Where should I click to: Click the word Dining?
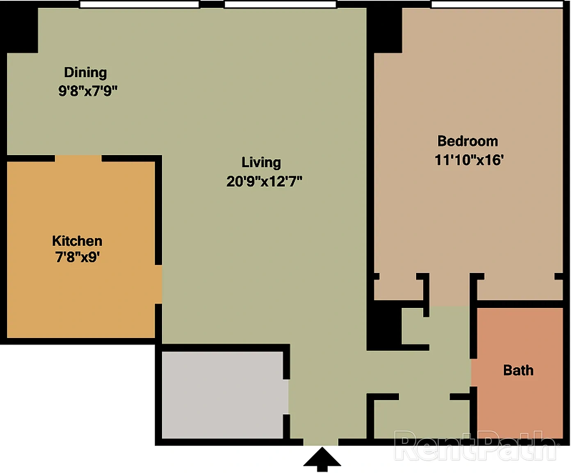(x=85, y=73)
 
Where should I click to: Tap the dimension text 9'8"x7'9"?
(x=88, y=91)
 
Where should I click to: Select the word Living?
(x=261, y=163)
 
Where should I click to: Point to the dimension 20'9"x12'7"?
(x=264, y=181)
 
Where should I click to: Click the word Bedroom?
(x=468, y=141)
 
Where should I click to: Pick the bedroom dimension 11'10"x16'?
(x=469, y=160)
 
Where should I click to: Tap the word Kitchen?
(x=78, y=241)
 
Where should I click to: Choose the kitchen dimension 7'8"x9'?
(x=78, y=257)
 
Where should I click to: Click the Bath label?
(x=518, y=370)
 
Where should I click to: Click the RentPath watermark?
(x=476, y=445)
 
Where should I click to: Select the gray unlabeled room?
(x=223, y=395)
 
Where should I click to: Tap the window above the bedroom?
(x=497, y=4)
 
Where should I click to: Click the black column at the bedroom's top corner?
(x=384, y=30)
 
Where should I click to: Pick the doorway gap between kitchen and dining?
(x=78, y=158)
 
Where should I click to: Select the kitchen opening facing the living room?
(x=159, y=284)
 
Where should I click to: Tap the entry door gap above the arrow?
(x=321, y=442)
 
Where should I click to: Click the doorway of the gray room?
(x=286, y=397)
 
